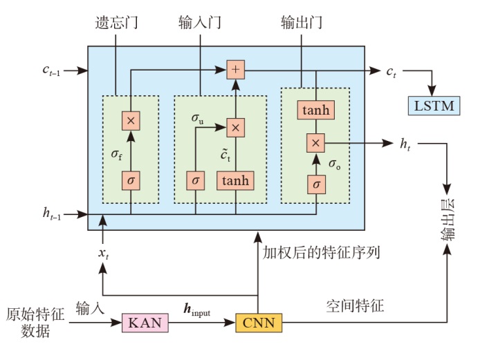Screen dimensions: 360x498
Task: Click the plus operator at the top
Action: coord(235,69)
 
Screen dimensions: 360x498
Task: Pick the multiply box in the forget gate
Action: coord(130,120)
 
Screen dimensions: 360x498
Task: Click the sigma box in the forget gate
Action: coord(130,180)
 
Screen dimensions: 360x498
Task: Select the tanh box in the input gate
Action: coord(235,180)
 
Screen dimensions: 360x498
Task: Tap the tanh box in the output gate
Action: coord(315,109)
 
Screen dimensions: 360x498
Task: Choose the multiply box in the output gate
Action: coord(315,142)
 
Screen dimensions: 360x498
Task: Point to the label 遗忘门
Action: coord(115,23)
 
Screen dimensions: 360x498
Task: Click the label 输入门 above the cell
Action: coord(200,23)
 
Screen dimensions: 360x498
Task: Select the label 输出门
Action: coord(302,23)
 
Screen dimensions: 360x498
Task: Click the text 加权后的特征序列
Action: coord(322,253)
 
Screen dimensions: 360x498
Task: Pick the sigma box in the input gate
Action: coord(196,180)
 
